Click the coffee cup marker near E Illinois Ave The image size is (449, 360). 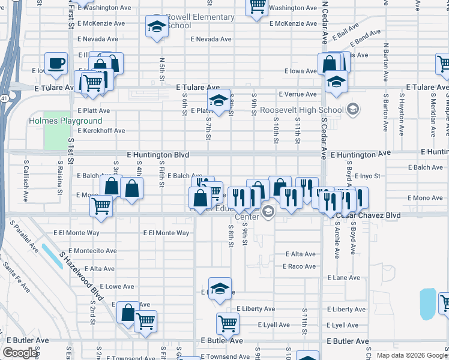56,64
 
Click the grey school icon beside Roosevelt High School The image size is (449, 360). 353,109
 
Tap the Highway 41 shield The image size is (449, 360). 4,97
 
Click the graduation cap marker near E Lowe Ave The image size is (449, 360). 220,289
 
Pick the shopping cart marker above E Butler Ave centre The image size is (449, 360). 228,324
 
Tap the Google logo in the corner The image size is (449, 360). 20,352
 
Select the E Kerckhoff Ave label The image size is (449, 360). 101,130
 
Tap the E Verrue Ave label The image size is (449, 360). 298,94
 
